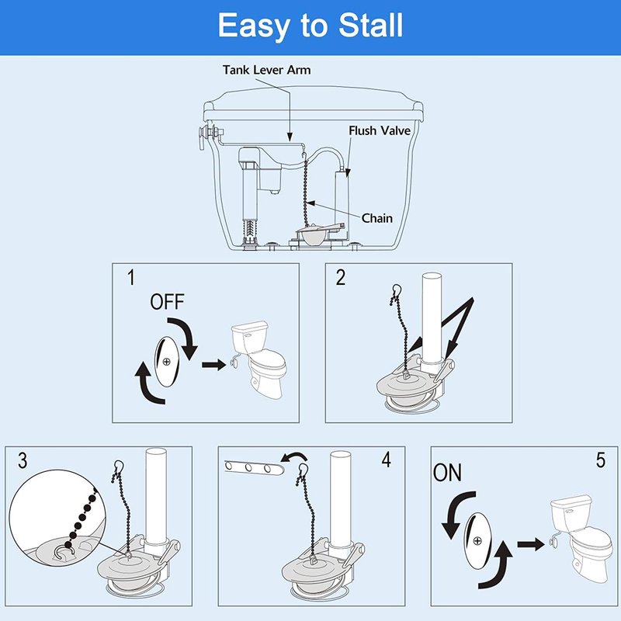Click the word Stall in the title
[371, 26]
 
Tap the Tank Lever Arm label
[266, 70]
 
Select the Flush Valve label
[380, 130]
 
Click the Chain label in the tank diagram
[377, 218]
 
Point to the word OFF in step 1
[167, 302]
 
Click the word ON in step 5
[447, 473]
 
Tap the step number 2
[341, 277]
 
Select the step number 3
[23, 460]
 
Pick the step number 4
[386, 460]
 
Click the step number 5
[601, 460]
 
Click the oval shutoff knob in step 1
[167, 362]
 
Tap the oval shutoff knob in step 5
[477, 540]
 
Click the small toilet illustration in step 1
[258, 359]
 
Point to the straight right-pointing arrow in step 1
[214, 364]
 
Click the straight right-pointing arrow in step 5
[531, 544]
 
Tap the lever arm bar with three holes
[255, 468]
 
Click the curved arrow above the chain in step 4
[293, 458]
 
